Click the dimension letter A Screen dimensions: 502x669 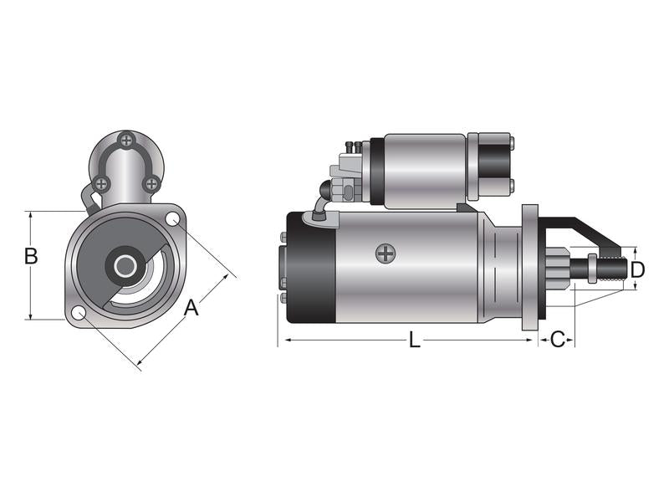(192, 307)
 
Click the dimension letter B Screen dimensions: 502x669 (31, 256)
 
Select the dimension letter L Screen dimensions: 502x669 (415, 340)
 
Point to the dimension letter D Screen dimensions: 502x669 (637, 269)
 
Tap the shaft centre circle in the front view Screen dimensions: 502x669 (125, 267)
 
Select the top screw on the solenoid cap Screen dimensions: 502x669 (125, 141)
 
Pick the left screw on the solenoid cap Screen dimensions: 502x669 (101, 182)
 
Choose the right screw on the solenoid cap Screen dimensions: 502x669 (151, 182)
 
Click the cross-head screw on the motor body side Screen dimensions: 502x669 (385, 253)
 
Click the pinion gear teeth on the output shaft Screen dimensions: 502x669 (559, 268)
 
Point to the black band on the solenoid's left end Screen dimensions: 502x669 (377, 171)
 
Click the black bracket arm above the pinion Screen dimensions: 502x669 (585, 228)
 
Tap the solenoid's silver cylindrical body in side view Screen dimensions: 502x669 (422, 171)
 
